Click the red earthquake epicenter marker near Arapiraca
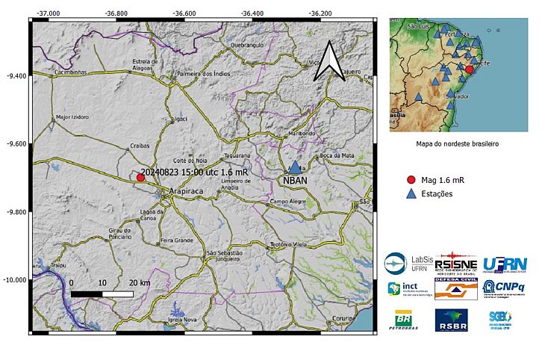point(140,177)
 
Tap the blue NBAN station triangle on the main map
point(295,169)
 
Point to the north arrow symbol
point(328,61)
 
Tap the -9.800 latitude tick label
point(15,212)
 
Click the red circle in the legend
point(411,180)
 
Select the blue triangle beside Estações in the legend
point(411,193)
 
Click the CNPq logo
point(502,288)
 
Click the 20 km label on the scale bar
point(140,283)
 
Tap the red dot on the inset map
point(470,69)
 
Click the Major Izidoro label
point(72,117)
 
